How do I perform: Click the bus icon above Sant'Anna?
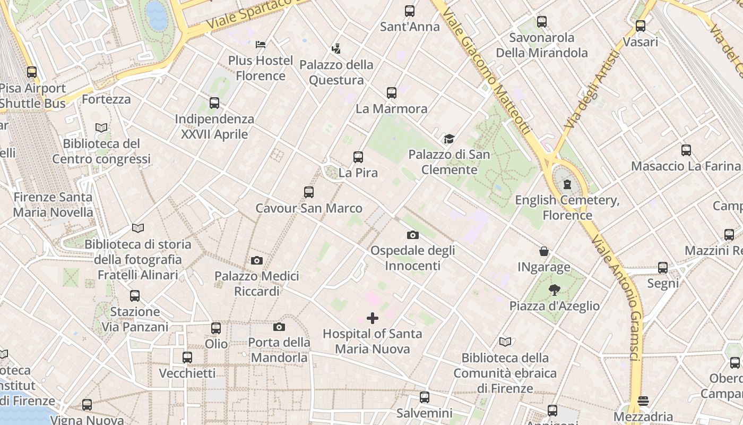point(410,11)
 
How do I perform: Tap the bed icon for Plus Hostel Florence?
point(261,44)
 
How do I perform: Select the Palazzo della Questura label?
point(336,72)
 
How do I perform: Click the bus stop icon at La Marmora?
point(392,93)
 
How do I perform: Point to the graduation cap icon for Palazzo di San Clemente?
point(450,139)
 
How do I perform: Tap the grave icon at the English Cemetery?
point(567,185)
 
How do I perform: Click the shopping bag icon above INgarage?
point(544,251)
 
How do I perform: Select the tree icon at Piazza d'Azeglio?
point(555,290)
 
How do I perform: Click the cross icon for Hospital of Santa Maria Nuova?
point(373,318)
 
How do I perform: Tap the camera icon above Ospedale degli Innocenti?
point(413,235)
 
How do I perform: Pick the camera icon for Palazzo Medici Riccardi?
point(257,260)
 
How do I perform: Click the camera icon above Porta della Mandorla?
point(279,327)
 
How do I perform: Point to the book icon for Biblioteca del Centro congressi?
point(101,127)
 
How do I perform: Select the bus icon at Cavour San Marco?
point(309,192)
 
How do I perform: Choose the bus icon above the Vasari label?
point(641,26)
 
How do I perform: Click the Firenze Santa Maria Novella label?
point(53,205)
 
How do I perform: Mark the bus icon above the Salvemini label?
point(425,397)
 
